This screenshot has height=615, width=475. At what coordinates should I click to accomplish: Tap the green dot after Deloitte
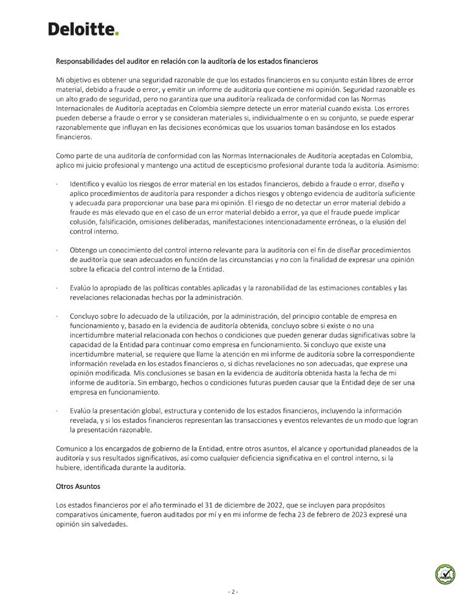[x=117, y=34]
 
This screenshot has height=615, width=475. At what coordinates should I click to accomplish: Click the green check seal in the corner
[x=445, y=574]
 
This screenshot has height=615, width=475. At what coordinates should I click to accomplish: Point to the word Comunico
[x=74, y=448]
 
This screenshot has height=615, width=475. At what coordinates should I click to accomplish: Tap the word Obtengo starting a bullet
[x=86, y=250]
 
